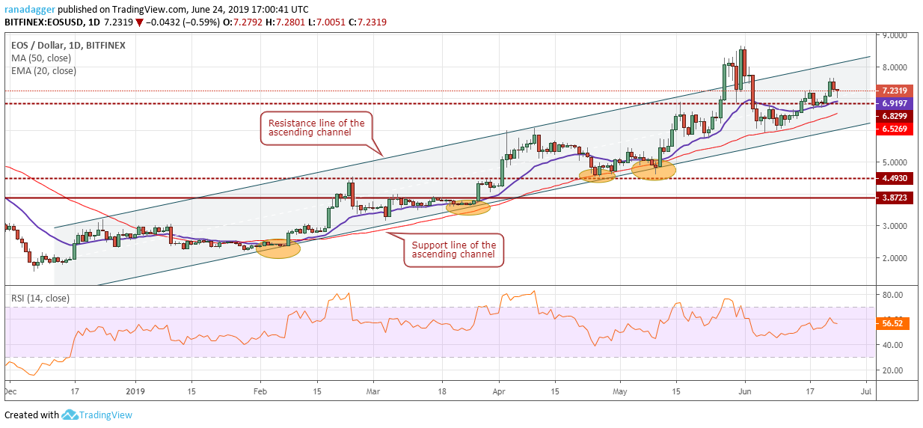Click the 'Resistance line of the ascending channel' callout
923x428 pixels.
point(316,128)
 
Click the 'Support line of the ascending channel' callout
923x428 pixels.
point(455,250)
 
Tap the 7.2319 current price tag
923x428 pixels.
point(895,91)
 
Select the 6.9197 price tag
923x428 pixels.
point(895,103)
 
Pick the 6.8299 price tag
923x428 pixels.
point(895,116)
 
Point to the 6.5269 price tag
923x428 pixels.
point(895,129)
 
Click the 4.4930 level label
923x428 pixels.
point(895,179)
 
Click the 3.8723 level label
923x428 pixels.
point(895,198)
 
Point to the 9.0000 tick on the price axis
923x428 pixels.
point(894,35)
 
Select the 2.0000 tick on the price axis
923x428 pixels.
point(894,257)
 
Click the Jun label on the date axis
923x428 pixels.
point(745,390)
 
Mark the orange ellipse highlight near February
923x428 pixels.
point(278,249)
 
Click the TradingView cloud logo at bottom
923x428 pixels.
point(70,415)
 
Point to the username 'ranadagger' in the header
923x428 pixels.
point(28,8)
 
